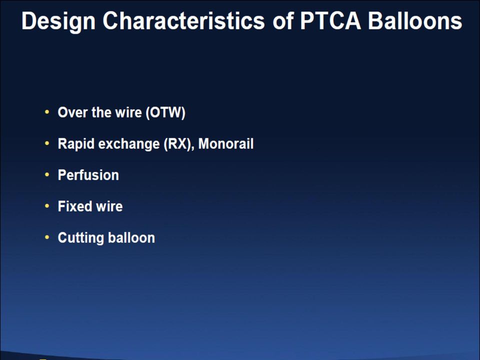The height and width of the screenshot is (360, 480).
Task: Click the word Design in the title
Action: tap(58, 21)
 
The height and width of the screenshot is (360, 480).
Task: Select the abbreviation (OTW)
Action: tap(165, 112)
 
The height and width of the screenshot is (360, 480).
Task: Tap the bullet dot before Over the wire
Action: tap(47, 112)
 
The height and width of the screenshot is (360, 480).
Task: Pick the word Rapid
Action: tap(76, 144)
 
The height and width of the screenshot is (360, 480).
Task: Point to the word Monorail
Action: tap(226, 144)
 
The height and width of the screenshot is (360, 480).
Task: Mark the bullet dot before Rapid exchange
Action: tap(47, 143)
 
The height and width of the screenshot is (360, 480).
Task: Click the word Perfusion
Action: tap(88, 175)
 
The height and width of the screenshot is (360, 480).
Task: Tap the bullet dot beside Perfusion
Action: tap(47, 175)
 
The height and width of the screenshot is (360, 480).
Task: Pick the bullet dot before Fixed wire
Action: tap(47, 206)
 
